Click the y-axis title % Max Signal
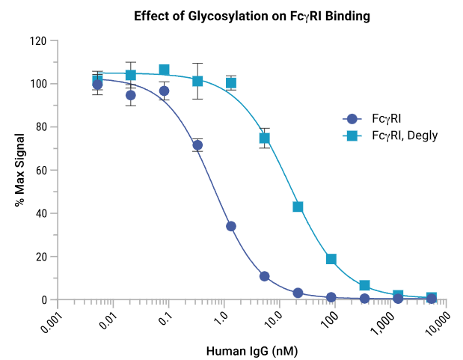[x=20, y=171]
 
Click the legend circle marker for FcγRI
[x=352, y=118]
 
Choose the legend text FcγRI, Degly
[x=405, y=135]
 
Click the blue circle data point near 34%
[x=231, y=226]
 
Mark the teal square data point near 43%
[x=298, y=207]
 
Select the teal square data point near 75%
[x=264, y=138]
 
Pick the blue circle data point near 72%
[x=197, y=145]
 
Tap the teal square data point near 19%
[x=331, y=259]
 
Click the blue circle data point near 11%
[x=264, y=276]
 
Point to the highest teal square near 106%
[x=165, y=70]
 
